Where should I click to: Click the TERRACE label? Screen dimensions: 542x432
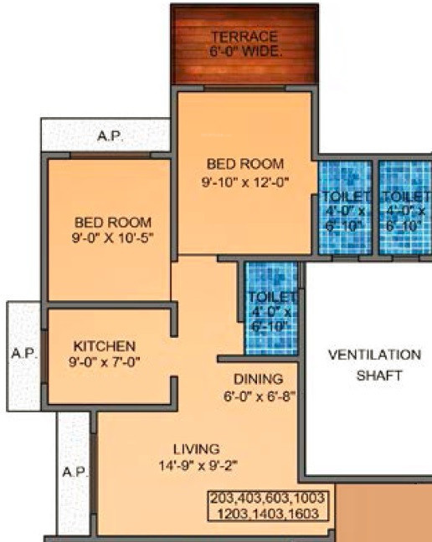click(244, 38)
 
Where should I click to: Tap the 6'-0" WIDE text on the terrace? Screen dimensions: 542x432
click(245, 51)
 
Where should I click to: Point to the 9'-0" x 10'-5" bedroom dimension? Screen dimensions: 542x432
click(113, 238)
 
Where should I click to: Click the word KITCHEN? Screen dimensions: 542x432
click(104, 345)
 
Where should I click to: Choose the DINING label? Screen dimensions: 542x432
click(258, 379)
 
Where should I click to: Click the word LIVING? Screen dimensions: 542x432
click(197, 448)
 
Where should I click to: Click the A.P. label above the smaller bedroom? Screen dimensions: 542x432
click(110, 135)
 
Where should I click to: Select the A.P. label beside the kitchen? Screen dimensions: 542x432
click(23, 354)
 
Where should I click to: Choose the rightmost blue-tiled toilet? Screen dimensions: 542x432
click(404, 205)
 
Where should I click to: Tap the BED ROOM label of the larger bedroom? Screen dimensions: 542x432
click(245, 163)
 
